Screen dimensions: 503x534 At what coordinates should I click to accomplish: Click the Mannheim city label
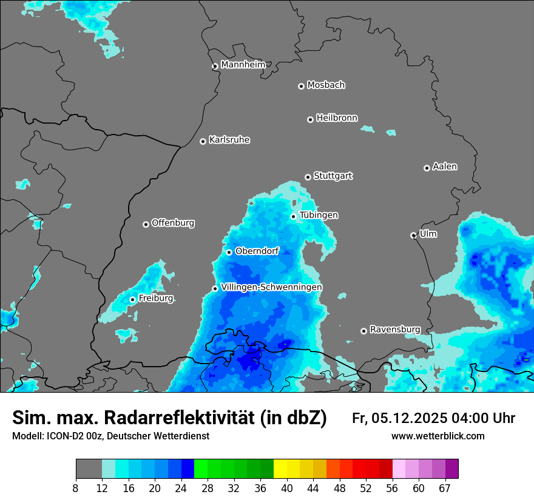point(243,64)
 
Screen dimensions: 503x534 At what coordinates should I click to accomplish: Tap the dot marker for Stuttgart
point(308,177)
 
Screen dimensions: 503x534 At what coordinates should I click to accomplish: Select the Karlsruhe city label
point(229,140)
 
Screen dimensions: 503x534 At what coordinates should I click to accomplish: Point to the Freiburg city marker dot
point(132,299)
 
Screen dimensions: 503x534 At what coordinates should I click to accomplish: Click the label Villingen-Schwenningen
point(272,287)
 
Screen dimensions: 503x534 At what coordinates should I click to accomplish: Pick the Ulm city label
point(428,234)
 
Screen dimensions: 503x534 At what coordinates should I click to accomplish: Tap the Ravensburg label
point(395,330)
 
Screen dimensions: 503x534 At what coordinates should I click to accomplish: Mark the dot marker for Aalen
point(427,168)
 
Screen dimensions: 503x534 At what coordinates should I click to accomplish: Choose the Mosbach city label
point(326,85)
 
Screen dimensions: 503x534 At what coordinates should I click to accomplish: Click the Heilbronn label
point(337,118)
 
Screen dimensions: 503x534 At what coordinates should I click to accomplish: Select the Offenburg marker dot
point(146,224)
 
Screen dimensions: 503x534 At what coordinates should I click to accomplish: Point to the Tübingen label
point(319,215)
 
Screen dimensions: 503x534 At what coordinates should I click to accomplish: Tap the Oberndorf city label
point(257,251)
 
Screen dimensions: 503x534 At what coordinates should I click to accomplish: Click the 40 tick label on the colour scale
point(287,488)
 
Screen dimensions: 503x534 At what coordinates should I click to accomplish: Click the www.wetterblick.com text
point(438,436)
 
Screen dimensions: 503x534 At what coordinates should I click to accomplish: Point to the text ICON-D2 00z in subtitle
point(71,436)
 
